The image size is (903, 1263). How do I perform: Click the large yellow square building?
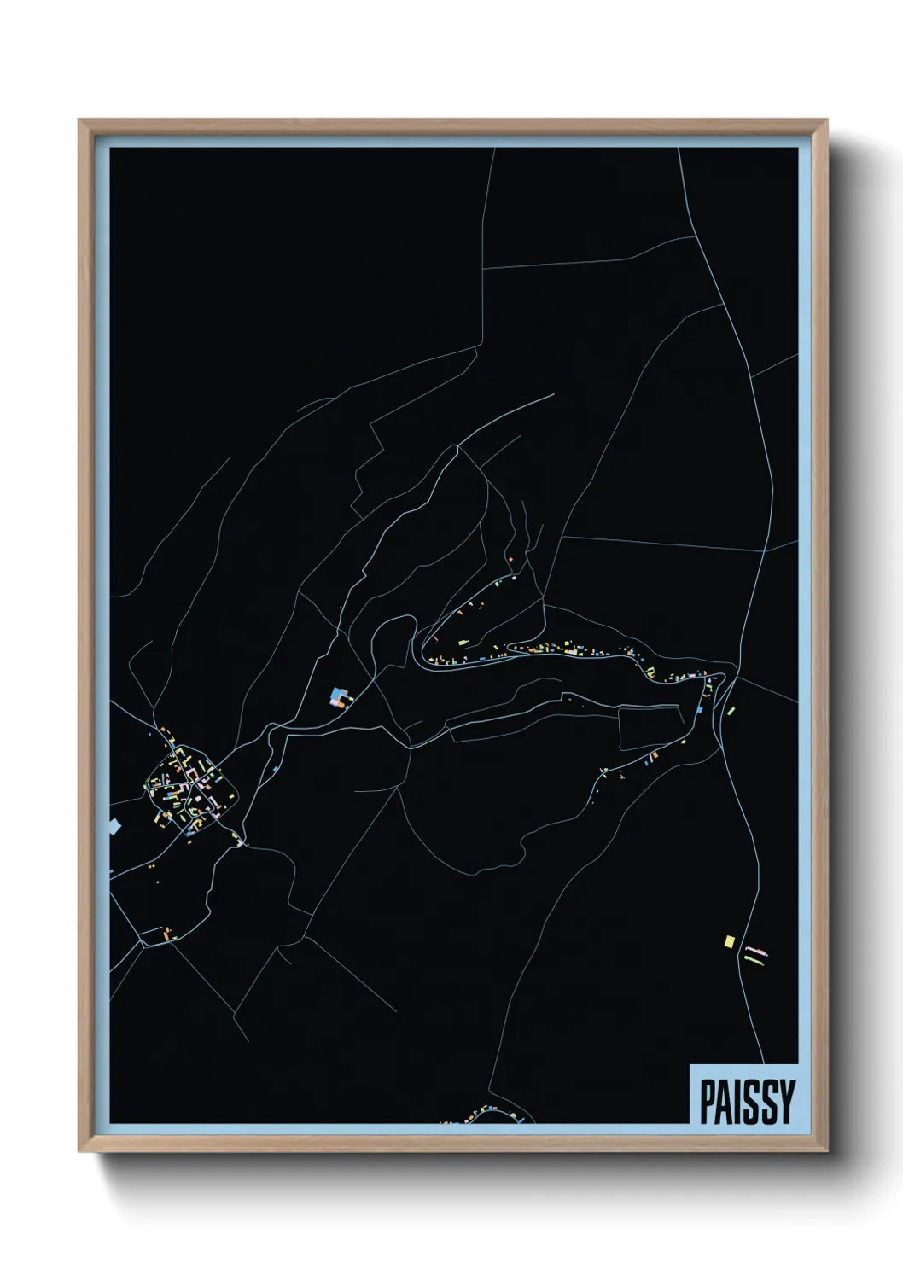(x=729, y=941)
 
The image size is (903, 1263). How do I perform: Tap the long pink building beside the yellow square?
(x=756, y=949)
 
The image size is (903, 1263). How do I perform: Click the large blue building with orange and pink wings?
(x=340, y=697)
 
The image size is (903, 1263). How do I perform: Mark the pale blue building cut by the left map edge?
(x=114, y=825)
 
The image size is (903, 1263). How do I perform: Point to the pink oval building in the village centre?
(x=199, y=800)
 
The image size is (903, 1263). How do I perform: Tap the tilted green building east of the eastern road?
(x=731, y=710)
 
